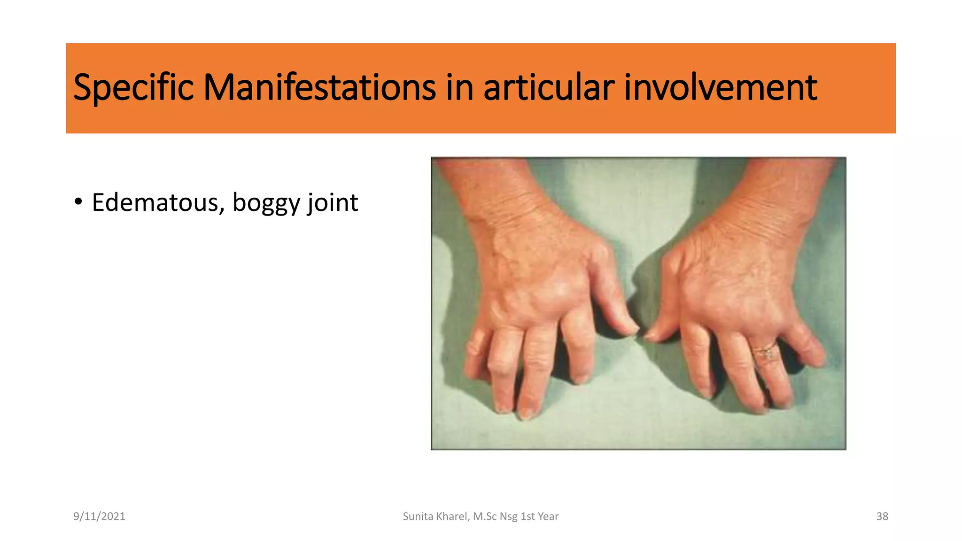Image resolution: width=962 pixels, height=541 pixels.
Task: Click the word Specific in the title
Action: pos(133,88)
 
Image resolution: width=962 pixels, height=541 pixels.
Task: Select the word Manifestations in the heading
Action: pos(319,88)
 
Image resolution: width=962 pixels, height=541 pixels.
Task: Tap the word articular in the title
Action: pos(549,88)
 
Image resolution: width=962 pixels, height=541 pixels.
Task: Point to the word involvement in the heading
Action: pos(721,88)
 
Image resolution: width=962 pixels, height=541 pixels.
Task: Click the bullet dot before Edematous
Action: pos(78,202)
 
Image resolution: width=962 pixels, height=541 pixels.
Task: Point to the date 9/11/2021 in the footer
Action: pos(99,517)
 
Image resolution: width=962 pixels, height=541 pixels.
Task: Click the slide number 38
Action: pos(882,517)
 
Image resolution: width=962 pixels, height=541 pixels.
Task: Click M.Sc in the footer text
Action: pos(484,517)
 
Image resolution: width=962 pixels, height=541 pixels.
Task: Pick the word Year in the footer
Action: pos(548,517)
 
